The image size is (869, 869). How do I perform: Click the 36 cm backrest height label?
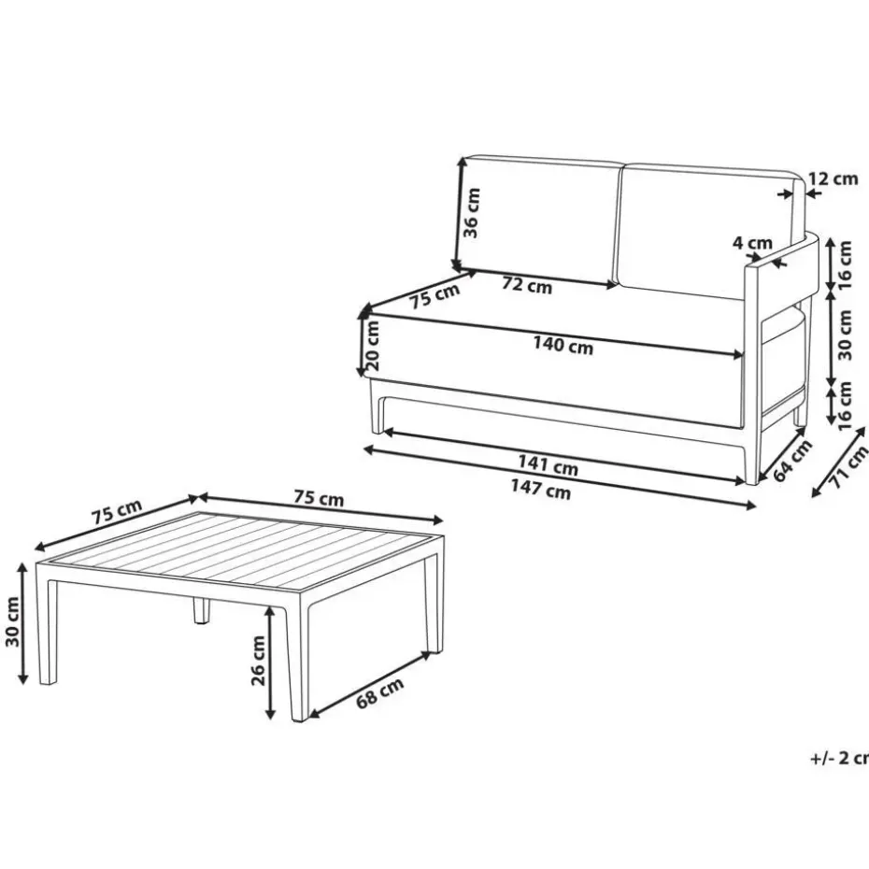pyautogui.click(x=471, y=213)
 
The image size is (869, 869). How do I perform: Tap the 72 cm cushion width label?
pyautogui.click(x=527, y=285)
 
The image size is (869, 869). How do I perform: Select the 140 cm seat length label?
pyautogui.click(x=563, y=345)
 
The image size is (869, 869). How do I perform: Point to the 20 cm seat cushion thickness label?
pyautogui.click(x=372, y=346)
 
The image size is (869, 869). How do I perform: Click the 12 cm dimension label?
pyautogui.click(x=833, y=179)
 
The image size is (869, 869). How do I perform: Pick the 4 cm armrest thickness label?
pyautogui.click(x=752, y=243)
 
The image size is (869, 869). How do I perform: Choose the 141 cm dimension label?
pyautogui.click(x=548, y=465)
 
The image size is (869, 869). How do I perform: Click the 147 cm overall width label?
pyautogui.click(x=540, y=489)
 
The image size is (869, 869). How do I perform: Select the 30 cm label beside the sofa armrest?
pyautogui.click(x=845, y=335)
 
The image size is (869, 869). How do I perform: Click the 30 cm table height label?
pyautogui.click(x=12, y=621)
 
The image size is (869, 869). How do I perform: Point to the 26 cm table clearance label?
pyautogui.click(x=258, y=661)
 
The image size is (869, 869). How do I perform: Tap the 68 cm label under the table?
pyautogui.click(x=379, y=692)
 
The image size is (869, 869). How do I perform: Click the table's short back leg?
pyautogui.click(x=201, y=609)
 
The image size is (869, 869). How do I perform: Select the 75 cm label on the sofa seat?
pyautogui.click(x=435, y=296)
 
